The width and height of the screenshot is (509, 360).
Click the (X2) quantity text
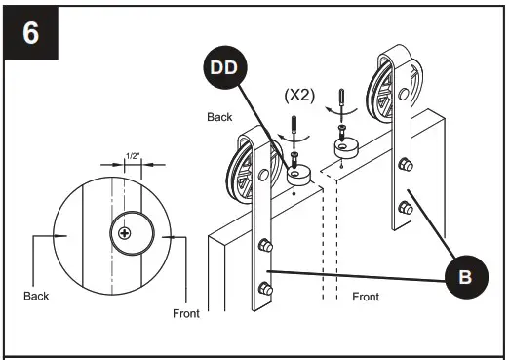[x=301, y=97]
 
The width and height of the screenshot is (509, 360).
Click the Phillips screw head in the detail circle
[x=125, y=232]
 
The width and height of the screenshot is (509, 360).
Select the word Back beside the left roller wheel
[x=219, y=116]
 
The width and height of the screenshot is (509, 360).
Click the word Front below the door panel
[x=366, y=296]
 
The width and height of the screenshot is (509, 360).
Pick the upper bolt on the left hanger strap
[x=263, y=248]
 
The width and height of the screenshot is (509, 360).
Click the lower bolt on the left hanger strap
[x=263, y=288]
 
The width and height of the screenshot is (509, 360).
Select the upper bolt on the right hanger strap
[x=407, y=166]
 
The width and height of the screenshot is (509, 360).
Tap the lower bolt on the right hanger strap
[x=407, y=206]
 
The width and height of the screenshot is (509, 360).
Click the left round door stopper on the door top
[x=299, y=175]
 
